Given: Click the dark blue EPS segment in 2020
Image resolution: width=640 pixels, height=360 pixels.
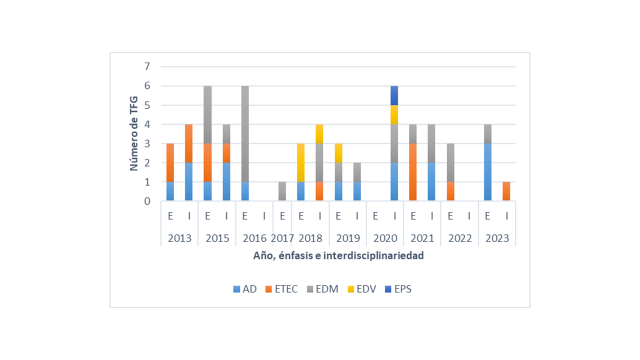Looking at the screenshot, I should tap(394, 95).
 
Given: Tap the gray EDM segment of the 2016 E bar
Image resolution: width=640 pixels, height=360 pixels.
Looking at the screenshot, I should tap(245, 133).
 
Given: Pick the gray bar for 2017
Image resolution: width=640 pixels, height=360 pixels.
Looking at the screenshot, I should tap(282, 191).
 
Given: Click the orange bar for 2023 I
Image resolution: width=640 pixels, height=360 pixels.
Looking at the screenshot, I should tap(506, 191).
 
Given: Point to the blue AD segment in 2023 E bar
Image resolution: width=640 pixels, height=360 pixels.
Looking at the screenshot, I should tap(487, 172).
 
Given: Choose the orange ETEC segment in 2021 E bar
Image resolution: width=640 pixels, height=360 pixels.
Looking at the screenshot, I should tap(413, 172).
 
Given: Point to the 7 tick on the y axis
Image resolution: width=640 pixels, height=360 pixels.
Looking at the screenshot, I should tap(147, 66).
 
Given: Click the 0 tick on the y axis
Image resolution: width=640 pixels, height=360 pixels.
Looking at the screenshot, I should tap(147, 201).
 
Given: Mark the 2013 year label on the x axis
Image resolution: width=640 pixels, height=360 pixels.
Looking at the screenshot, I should tap(179, 238).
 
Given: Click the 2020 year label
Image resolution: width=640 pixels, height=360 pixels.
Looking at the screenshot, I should tap(385, 238).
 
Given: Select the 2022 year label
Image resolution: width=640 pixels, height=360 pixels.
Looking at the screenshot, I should tap(459, 238).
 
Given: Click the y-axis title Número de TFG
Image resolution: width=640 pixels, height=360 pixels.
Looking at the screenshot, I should tap(134, 134).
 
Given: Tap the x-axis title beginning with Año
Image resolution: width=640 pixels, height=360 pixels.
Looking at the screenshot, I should tap(338, 256).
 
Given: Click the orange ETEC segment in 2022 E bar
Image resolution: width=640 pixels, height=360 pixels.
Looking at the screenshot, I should tap(450, 191).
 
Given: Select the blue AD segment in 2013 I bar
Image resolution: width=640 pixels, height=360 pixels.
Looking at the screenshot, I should tap(189, 182).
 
